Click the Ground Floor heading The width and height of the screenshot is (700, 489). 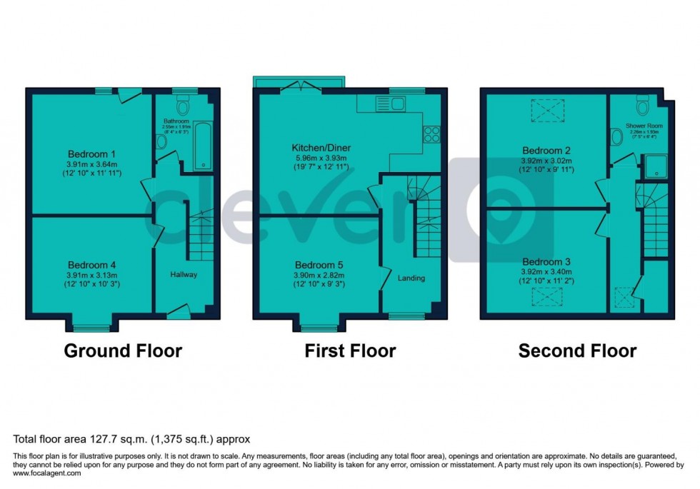[123, 351]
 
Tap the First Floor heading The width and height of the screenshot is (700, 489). [350, 351]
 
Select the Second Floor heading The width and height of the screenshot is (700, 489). [577, 351]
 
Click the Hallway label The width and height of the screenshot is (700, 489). [183, 274]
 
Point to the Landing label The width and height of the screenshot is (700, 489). [411, 278]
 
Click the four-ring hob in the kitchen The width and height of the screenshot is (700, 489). [431, 133]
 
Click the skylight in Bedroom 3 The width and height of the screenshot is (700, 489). [546, 296]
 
